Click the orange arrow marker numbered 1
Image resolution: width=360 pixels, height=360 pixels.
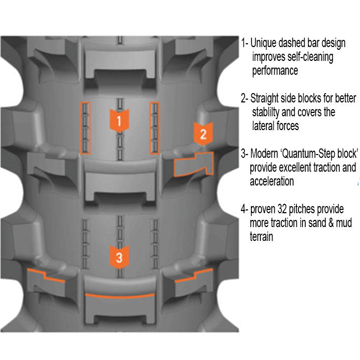click(119, 120)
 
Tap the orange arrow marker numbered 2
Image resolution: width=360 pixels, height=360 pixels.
click(203, 133)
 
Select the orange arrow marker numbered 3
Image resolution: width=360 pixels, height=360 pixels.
click(119, 256)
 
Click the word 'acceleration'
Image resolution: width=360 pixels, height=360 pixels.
click(272, 182)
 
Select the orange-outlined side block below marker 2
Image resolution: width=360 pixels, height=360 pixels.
click(194, 164)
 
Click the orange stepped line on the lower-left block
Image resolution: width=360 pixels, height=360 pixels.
click(47, 274)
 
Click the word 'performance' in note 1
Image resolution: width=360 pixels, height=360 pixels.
click(275, 71)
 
